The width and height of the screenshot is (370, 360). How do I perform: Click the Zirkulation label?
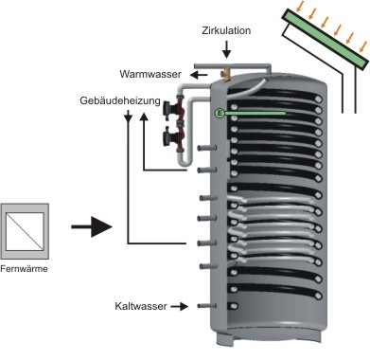pos(226,30)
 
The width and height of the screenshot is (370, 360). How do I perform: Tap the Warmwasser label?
pos(150,74)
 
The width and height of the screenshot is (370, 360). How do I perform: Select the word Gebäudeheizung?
pos(120,100)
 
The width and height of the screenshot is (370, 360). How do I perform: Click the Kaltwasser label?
pos(141,306)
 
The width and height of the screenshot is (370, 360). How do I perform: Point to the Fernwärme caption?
pos(24,269)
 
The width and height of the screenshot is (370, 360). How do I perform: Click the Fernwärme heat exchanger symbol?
pos(25,231)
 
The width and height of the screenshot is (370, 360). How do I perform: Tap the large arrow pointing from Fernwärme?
pos(92,226)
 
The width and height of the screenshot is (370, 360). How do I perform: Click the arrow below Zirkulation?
pos(226,50)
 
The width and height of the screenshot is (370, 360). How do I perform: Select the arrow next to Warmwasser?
pos(199,75)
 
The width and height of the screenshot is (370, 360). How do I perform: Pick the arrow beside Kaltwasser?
pos(179,306)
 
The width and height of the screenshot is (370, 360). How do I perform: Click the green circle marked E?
pos(220,113)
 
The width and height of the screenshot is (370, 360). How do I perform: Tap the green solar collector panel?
pos(326,39)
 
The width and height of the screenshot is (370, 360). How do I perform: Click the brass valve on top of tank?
pos(226,75)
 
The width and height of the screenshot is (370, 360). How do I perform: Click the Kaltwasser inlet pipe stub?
pos(207,306)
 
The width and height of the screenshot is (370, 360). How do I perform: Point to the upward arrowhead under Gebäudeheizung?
pos(144,117)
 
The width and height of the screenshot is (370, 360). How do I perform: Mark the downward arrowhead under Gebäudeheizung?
pos(128,117)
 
